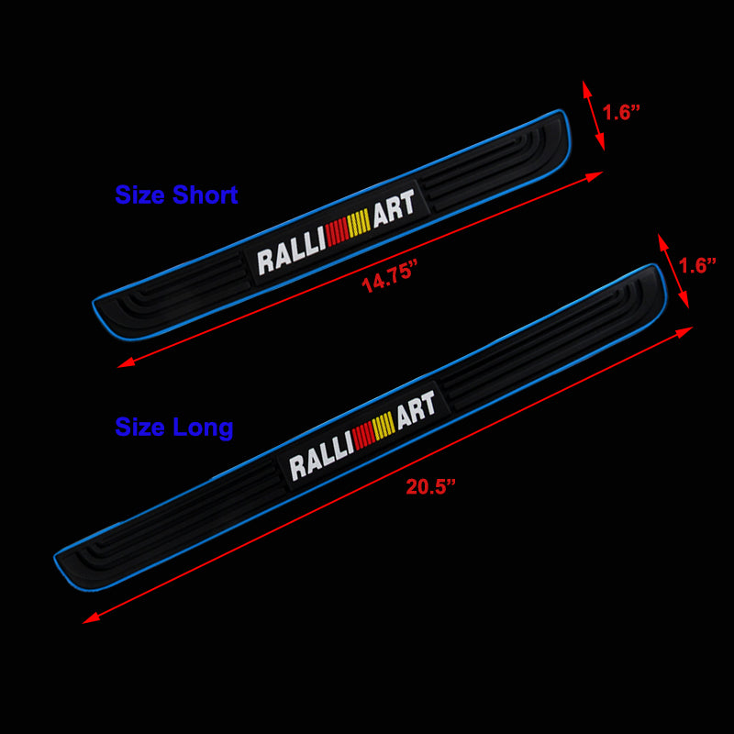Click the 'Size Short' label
[176, 195]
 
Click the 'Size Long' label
[173, 427]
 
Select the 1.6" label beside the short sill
[621, 113]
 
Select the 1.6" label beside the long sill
[696, 265]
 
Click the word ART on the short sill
[394, 206]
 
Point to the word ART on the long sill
[417, 409]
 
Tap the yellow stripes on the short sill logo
[359, 223]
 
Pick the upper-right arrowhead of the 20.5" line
[687, 331]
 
